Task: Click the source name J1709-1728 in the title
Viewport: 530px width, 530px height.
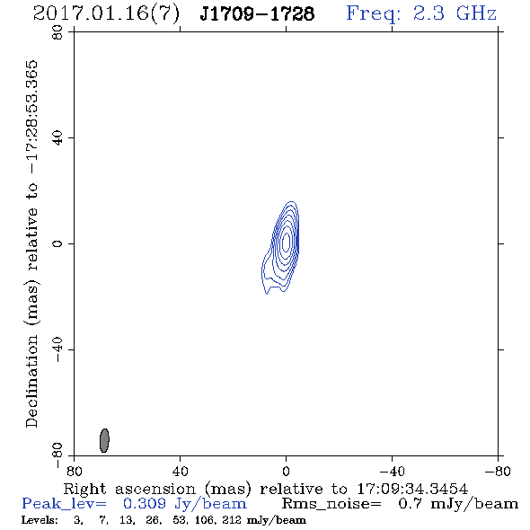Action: point(257,13)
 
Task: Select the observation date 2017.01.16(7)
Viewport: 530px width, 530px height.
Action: point(106,13)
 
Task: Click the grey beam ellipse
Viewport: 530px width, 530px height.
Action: point(104,440)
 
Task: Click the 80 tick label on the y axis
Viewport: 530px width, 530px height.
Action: point(57,32)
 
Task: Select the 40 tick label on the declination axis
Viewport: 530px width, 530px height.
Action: point(57,138)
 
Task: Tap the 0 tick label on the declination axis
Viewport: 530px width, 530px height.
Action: point(57,243)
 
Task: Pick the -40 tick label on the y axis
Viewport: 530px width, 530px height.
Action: point(57,349)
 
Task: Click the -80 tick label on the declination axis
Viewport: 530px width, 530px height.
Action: point(57,455)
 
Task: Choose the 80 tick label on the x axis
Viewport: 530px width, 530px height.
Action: point(74,471)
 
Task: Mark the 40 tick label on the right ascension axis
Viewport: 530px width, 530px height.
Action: point(180,471)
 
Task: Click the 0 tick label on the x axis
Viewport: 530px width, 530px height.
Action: point(286,471)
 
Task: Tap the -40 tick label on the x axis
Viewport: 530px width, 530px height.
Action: point(392,471)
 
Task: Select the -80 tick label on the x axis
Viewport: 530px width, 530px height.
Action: point(498,471)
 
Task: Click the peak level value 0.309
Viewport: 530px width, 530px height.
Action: point(145,504)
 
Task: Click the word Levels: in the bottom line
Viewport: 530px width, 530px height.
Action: point(40,520)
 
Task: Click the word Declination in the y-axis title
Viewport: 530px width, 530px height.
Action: point(31,381)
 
